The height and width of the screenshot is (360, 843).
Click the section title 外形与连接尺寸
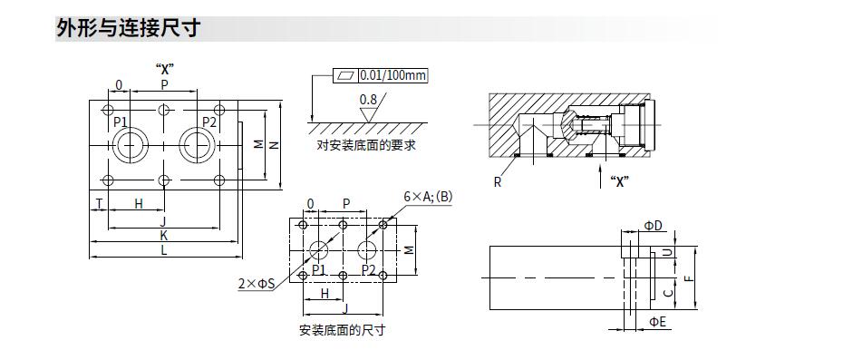coord(129,28)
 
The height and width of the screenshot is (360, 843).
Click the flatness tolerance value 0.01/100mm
coord(392,75)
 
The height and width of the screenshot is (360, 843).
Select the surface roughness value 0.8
coord(368,99)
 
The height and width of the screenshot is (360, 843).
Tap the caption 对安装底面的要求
coord(366,145)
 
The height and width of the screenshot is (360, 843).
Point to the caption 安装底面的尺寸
coord(342,329)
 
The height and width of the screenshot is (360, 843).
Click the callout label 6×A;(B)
coord(428,197)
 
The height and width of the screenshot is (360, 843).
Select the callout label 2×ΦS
coord(256,284)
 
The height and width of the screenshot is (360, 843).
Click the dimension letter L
coord(163,249)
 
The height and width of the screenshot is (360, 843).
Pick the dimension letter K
coord(163,235)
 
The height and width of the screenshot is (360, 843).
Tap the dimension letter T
coord(99,203)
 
